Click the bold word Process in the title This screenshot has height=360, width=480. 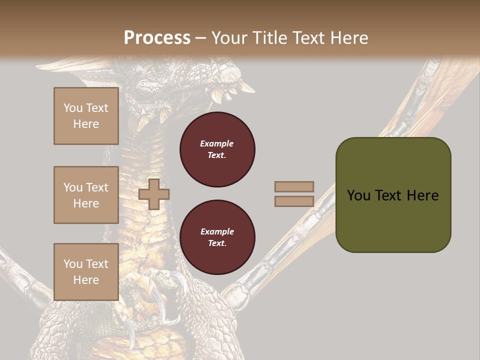pos(157,38)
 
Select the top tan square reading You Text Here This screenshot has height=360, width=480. pos(86,116)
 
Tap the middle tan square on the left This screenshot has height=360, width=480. pos(86,195)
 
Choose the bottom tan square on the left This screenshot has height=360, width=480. pos(86,271)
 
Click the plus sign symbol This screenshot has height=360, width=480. pos(154,194)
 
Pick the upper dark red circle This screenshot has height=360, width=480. pos(217,149)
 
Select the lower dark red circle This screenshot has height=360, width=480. pos(217,237)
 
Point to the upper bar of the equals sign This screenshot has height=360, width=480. pos(294,186)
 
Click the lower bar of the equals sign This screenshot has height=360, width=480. pos(294,201)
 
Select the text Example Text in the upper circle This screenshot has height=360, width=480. pos(217,149)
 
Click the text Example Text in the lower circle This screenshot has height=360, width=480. pos(217,237)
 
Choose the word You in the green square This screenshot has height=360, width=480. pos(358,195)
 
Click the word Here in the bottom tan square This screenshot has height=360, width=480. pos(86,280)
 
